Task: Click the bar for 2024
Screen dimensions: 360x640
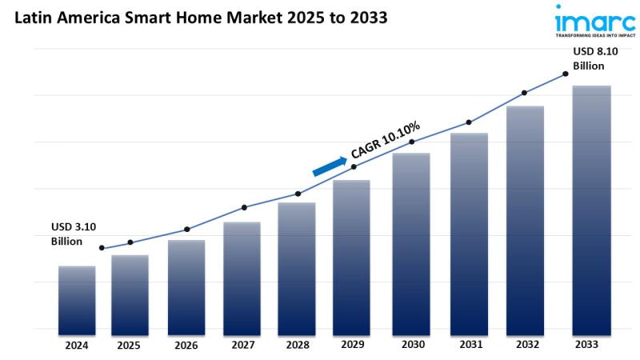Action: click(x=77, y=298)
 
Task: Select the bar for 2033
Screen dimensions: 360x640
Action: click(x=592, y=208)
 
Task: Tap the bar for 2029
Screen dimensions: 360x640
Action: click(x=352, y=254)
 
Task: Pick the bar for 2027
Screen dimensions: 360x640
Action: click(x=242, y=275)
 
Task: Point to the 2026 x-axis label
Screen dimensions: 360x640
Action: click(x=186, y=346)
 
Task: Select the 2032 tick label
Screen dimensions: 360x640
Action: click(x=526, y=345)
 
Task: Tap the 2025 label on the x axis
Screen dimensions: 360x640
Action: click(x=129, y=346)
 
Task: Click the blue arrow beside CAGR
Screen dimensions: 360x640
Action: click(x=328, y=163)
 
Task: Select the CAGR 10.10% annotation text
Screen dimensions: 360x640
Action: click(x=386, y=141)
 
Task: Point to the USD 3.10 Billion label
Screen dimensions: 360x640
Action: click(x=73, y=234)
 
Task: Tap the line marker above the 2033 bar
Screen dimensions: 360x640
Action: click(x=566, y=74)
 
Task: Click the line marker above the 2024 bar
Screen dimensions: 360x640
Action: click(x=101, y=248)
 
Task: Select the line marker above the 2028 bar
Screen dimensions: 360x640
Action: click(x=298, y=194)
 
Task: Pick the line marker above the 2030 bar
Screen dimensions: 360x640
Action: click(x=412, y=142)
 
